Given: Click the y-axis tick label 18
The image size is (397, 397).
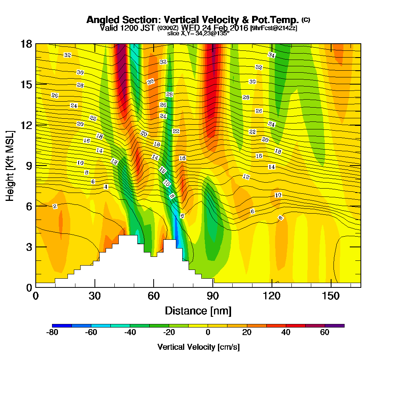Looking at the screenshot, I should point(26,44).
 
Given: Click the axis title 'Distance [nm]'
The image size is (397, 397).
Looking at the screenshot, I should point(198,310).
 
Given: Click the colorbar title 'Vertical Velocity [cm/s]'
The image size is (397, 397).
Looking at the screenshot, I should point(198,347).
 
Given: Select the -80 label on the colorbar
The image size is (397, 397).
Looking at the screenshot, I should point(52,333).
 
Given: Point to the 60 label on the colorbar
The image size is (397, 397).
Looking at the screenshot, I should point(325,333).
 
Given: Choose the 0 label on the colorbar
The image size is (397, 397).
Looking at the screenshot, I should point(208,333).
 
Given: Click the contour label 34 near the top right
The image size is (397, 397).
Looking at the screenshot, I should point(272,55).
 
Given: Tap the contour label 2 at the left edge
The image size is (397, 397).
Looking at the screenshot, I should point(55,206).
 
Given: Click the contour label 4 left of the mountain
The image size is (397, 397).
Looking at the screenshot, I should point(106,187).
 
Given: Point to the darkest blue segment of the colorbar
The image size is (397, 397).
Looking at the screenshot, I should point(62,326).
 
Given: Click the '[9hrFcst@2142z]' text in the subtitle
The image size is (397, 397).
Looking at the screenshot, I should point(274,28).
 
